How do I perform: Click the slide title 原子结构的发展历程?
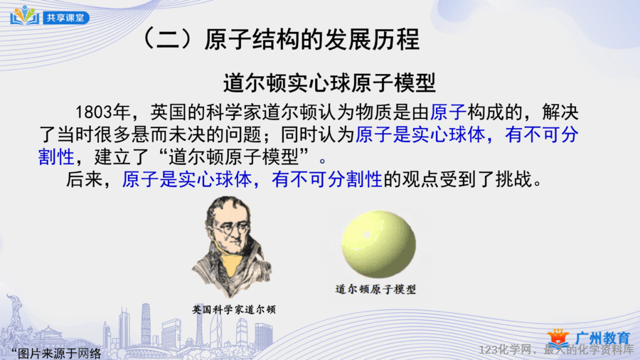tap(312, 40)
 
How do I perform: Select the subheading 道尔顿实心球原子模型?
tap(330, 83)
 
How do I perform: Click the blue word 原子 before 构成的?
tap(448, 112)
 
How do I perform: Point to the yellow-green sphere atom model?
tap(378, 243)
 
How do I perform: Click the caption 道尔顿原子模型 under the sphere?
tap(375, 290)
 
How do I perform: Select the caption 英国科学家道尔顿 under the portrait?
tap(234, 309)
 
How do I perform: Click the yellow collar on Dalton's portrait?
tap(231, 265)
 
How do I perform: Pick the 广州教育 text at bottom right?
tap(603, 337)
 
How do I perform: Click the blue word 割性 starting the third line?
tap(56, 157)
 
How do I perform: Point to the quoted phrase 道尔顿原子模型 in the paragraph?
tap(233, 157)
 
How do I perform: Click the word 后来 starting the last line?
tap(85, 179)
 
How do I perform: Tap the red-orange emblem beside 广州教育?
tap(558, 339)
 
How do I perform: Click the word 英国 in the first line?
tap(169, 112)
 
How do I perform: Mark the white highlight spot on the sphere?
tap(367, 234)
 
